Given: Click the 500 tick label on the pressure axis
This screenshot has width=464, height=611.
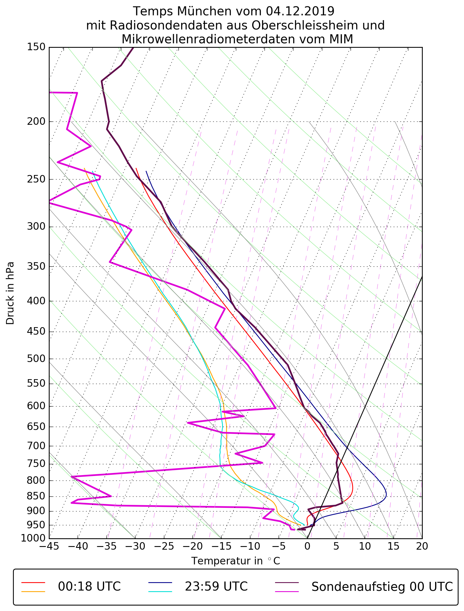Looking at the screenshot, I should pos(36,359).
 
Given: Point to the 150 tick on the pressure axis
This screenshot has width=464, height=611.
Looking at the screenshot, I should pos(36,47).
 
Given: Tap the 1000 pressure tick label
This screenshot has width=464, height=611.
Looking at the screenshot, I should pos(33,538).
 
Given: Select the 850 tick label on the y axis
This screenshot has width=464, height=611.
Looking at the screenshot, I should pos(36,497).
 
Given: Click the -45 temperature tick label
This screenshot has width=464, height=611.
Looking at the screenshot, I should pos(49,546).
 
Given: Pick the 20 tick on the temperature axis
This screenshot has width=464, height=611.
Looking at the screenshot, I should pos(422,546).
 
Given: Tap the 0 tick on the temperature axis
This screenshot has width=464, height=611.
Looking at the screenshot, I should pos(307,546).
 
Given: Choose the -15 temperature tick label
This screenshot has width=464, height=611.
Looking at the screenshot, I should pos(221,546).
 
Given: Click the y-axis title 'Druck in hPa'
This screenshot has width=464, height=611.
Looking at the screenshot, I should pos(10,293).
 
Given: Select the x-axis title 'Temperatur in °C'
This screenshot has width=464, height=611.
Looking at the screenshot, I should pos(236,561).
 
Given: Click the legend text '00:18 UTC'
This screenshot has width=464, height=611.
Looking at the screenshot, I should pos(89,587).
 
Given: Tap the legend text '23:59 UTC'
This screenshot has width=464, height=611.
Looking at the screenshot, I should pos(216,587).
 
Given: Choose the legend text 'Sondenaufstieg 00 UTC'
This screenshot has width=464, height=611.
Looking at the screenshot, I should pos(382,587).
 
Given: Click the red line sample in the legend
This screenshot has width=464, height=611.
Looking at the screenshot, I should pos(33,582).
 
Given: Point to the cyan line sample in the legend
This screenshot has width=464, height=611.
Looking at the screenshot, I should pos(160,591).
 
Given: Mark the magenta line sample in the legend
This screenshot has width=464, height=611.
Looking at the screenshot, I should pos(287,591).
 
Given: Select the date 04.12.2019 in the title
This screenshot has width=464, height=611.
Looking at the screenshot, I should pos(300,11).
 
